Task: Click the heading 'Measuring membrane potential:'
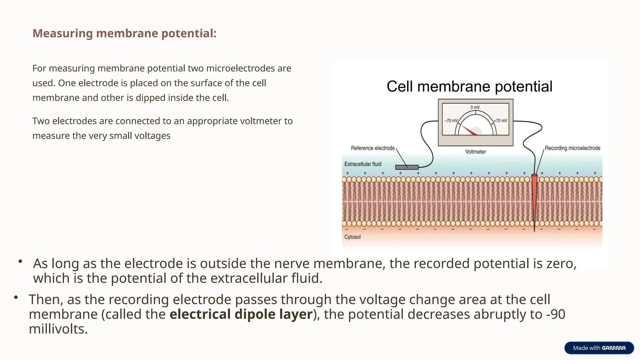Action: [x=124, y=33]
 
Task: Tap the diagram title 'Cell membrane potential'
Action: [x=469, y=87]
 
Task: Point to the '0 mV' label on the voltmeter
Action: [x=475, y=107]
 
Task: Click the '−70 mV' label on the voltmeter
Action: [x=451, y=121]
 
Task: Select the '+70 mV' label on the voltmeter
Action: [x=500, y=121]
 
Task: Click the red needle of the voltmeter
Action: [x=469, y=131]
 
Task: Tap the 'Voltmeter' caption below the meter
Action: [x=475, y=152]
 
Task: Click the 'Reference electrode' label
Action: [x=372, y=148]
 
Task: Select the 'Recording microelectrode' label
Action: [x=572, y=148]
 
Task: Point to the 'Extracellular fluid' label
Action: [x=362, y=164]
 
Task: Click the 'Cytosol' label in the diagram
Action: [x=352, y=237]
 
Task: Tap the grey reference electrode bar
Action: [x=407, y=167]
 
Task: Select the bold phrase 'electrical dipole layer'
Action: [x=241, y=314]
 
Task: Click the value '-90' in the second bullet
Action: [x=556, y=314]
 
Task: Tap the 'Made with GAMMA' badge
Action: [x=599, y=348]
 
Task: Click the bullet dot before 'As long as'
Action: [x=20, y=261]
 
